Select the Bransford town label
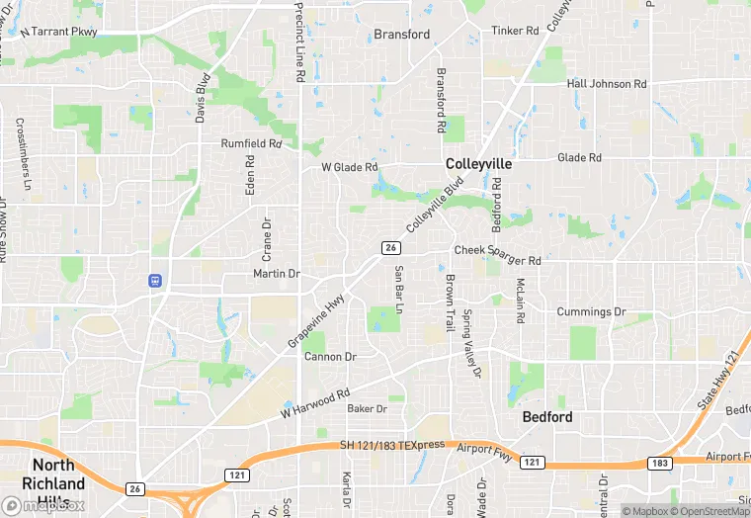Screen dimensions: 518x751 402,35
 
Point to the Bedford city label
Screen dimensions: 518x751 546,417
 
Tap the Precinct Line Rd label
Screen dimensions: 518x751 299,42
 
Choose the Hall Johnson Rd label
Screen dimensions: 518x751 607,84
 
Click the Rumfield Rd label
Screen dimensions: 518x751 251,143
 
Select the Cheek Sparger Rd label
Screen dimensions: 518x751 497,256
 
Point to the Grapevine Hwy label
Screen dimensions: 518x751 316,319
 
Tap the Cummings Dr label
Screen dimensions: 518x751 591,312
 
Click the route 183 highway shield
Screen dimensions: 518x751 660,463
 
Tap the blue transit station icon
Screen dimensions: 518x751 155,281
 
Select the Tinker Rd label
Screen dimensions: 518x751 516,31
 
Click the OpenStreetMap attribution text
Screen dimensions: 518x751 711,511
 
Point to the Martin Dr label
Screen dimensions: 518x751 276,274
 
